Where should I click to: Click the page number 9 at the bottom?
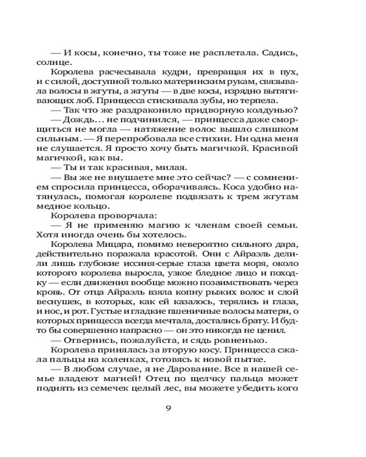(x=168, y=408)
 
